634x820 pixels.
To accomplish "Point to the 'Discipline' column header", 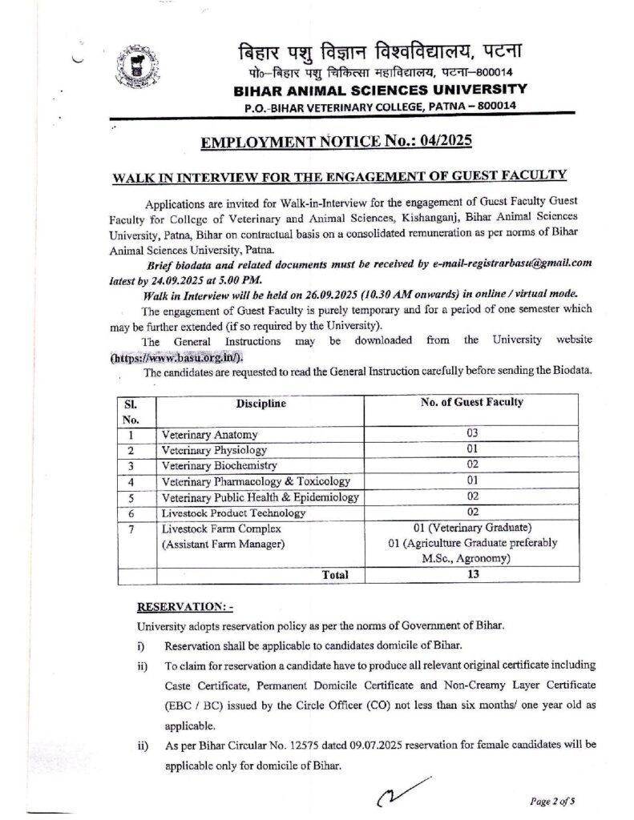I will (x=260, y=404).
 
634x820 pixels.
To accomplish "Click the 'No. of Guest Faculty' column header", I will (x=472, y=403).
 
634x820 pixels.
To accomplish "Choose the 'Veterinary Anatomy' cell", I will (x=210, y=435).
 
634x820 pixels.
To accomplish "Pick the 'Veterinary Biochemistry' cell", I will (x=219, y=465).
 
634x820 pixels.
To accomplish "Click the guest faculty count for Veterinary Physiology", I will (x=472, y=450).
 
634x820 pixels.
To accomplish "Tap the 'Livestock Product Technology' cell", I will (x=232, y=512).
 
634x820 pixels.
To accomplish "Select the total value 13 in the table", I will (x=472, y=574).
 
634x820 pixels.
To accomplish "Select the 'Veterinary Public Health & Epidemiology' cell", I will (x=259, y=496).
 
